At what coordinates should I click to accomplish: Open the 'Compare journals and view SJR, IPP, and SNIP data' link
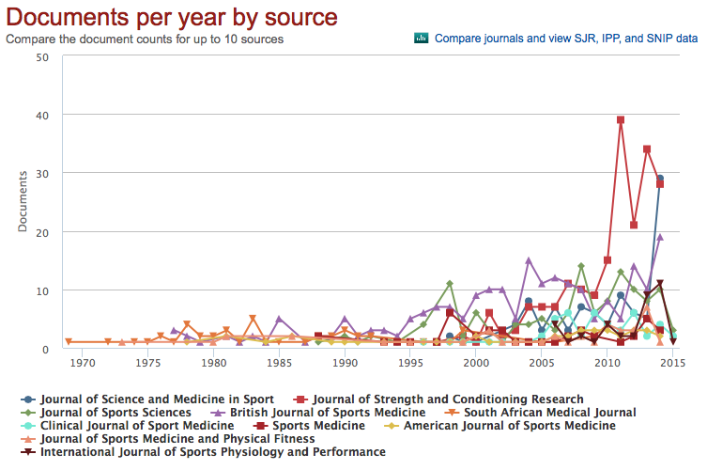click(x=566, y=39)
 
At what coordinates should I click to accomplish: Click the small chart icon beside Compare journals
click(x=422, y=39)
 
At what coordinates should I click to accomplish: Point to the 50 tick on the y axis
click(x=42, y=56)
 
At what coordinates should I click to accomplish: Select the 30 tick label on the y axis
click(x=42, y=173)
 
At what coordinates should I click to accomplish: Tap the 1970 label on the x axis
click(x=82, y=363)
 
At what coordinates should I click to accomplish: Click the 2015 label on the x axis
click(x=671, y=363)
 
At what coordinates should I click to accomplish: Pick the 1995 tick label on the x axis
click(x=410, y=363)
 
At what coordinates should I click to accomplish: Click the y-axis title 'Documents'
click(x=23, y=202)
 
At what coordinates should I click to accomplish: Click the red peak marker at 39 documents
click(x=621, y=120)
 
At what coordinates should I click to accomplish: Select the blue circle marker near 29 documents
click(x=660, y=178)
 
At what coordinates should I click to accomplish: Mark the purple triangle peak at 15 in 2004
click(x=529, y=260)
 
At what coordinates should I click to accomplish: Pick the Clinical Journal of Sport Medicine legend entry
click(x=132, y=425)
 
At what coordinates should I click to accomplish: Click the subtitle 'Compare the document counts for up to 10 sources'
click(x=145, y=39)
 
